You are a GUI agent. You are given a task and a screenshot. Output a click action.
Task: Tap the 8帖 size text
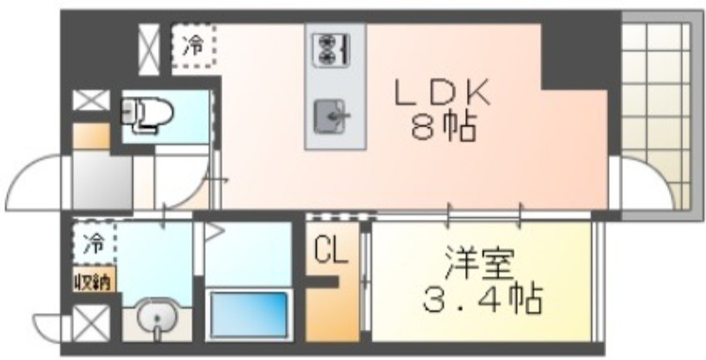[x=443, y=129]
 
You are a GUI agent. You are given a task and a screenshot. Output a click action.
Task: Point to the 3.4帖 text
[x=482, y=300]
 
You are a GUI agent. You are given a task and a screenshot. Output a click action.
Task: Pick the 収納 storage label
[x=93, y=282]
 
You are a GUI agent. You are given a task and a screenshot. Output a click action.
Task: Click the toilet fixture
[x=147, y=112]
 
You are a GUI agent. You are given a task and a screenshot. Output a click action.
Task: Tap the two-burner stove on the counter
[x=334, y=48]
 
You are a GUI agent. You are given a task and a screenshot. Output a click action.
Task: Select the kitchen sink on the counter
[x=334, y=114]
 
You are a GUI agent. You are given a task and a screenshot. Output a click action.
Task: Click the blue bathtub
[x=248, y=313]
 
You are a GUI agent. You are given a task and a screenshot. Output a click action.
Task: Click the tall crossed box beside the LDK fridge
[x=149, y=46]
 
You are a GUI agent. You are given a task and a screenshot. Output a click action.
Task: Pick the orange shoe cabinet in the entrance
[x=91, y=138]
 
